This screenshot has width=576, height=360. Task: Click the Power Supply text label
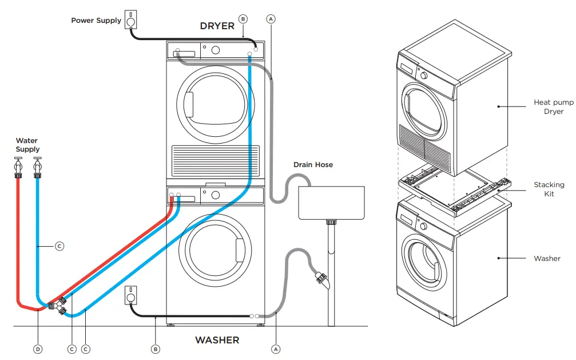tap(96, 21)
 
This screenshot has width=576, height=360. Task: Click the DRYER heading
tap(217, 26)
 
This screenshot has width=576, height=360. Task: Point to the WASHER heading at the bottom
tap(217, 340)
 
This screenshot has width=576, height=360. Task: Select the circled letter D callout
tap(38, 349)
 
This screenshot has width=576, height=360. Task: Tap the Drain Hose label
tap(313, 165)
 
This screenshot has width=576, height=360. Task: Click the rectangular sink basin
tap(332, 202)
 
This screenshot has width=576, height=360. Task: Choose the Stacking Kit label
tap(549, 189)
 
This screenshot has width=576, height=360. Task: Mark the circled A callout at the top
tap(271, 19)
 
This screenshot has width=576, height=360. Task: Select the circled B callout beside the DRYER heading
tap(243, 19)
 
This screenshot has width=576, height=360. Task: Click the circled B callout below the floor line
tap(155, 349)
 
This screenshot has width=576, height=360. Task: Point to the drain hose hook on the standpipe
tap(321, 280)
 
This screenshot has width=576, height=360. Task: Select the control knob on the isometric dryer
tap(424, 76)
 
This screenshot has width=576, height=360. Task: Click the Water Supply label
tap(27, 145)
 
